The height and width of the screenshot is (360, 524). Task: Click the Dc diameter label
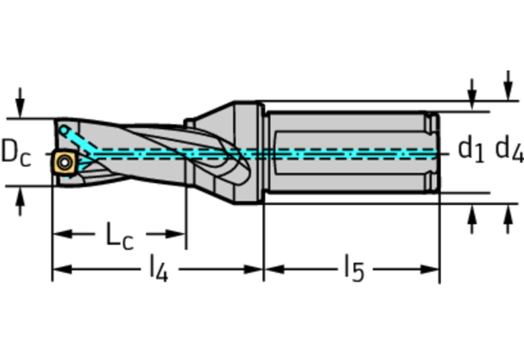(16, 153)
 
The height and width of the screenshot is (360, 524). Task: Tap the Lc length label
(120, 236)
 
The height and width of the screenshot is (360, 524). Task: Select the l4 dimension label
(159, 268)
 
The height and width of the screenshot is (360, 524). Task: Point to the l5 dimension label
(354, 268)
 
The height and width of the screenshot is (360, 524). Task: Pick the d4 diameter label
(509, 149)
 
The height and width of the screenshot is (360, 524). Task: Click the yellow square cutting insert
(63, 163)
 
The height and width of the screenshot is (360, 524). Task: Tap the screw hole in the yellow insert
(64, 163)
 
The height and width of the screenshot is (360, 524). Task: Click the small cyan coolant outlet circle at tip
(63, 130)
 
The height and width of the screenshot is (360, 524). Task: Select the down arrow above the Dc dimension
(20, 103)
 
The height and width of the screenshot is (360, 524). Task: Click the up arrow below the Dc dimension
(20, 201)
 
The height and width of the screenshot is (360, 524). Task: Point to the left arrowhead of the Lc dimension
(63, 234)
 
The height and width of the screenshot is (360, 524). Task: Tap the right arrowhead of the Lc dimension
(176, 234)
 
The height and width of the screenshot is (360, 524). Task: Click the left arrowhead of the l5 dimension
(274, 269)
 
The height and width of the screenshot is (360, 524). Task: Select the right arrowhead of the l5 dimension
(429, 269)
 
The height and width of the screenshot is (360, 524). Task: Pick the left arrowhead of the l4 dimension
(63, 269)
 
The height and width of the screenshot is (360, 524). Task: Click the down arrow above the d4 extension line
(508, 85)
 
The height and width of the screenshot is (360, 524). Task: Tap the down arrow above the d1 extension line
(472, 94)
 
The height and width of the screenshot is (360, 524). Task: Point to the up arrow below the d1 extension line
(472, 219)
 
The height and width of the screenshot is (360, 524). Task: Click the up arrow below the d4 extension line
(508, 219)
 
